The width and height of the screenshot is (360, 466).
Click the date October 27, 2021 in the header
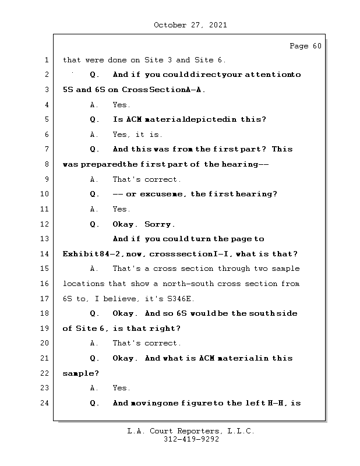pyautogui.click(x=190, y=25)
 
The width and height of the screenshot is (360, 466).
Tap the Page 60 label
pyautogui.click(x=305, y=46)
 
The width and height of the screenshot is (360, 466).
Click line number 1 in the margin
pyautogui.click(x=47, y=60)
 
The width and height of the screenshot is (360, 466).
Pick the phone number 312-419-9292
pyautogui.click(x=191, y=440)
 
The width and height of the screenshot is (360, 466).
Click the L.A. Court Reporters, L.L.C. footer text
pyautogui.click(x=190, y=431)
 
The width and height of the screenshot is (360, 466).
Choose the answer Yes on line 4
pyautogui.click(x=121, y=105)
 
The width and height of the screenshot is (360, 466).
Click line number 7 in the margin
pyautogui.click(x=47, y=149)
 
